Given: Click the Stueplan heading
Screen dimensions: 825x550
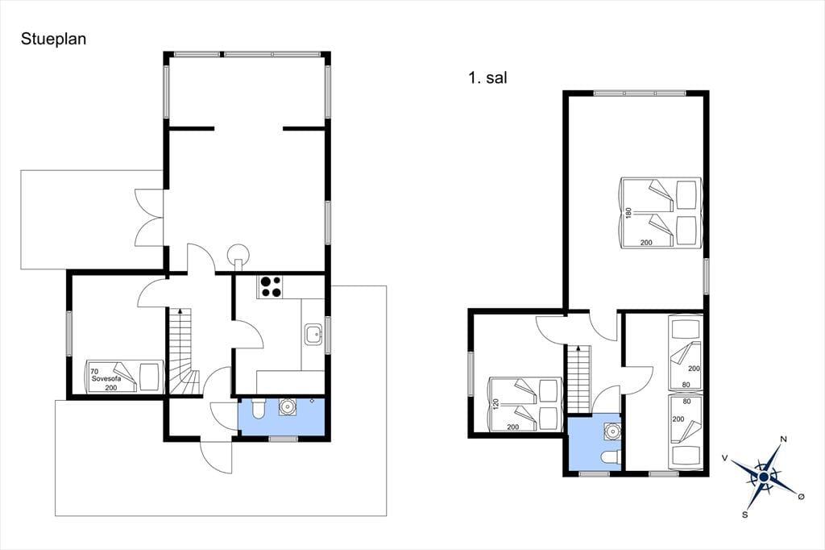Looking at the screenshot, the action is pyautogui.click(x=53, y=40).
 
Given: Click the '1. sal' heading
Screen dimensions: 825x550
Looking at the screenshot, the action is pyautogui.click(x=487, y=78).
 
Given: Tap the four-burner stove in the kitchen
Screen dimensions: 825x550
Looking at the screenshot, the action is pyautogui.click(x=271, y=287).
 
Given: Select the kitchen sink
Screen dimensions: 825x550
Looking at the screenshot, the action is pyautogui.click(x=313, y=335).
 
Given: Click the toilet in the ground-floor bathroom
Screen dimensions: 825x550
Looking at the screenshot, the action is pyautogui.click(x=258, y=409).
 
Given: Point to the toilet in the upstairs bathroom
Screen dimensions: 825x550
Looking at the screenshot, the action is pyautogui.click(x=611, y=457).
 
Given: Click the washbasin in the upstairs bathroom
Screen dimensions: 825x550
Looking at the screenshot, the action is pyautogui.click(x=612, y=431).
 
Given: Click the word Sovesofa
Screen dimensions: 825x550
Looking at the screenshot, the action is pyautogui.click(x=106, y=379).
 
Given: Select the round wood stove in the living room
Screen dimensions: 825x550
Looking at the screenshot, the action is pyautogui.click(x=238, y=255).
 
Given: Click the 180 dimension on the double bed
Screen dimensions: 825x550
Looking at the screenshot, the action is pyautogui.click(x=628, y=212).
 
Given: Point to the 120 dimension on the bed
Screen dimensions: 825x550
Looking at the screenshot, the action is pyautogui.click(x=495, y=404).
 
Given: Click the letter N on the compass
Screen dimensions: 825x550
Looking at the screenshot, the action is pyautogui.click(x=783, y=440).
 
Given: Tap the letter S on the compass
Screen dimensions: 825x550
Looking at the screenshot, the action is pyautogui.click(x=745, y=515).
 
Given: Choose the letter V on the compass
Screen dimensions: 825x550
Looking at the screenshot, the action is pyautogui.click(x=724, y=458).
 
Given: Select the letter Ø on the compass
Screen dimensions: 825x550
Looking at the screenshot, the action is pyautogui.click(x=802, y=496).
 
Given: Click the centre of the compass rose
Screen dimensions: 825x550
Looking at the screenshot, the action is pyautogui.click(x=764, y=477).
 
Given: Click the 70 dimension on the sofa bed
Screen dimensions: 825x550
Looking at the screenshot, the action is pyautogui.click(x=94, y=372).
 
